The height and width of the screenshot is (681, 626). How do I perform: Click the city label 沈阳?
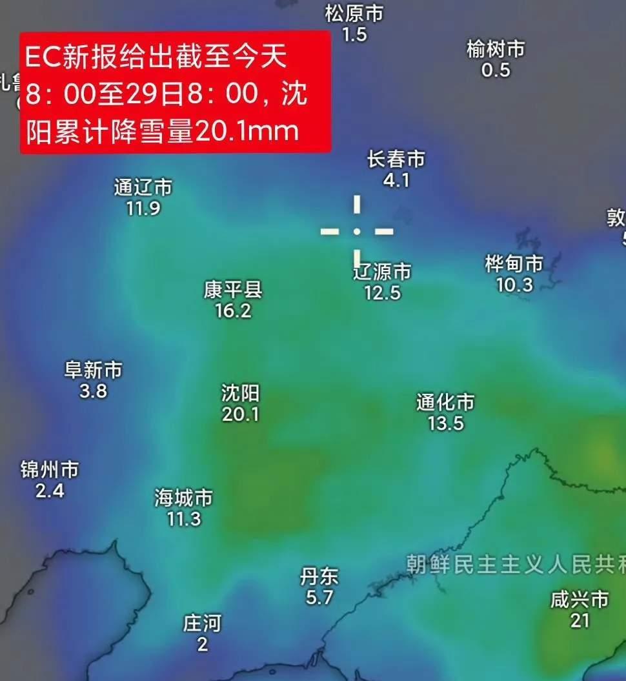[240, 392]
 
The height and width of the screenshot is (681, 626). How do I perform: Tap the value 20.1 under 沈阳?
[240, 414]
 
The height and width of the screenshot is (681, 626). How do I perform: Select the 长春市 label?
[396, 159]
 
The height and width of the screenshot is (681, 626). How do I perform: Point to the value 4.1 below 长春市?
[396, 180]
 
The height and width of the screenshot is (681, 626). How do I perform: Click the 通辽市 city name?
[143, 187]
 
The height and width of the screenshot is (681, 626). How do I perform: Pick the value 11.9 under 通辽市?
[143, 208]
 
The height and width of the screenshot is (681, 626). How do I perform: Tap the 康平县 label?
[232, 290]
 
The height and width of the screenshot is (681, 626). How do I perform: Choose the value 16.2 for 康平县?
[232, 311]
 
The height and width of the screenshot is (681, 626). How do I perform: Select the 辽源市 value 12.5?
[382, 293]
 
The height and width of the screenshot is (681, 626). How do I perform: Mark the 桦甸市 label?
[514, 263]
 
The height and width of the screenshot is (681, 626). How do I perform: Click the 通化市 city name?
[445, 403]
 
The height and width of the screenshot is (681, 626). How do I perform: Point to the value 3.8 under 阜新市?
[93, 391]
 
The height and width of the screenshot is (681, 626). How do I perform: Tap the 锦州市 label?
[50, 469]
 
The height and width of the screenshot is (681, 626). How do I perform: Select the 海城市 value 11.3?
[184, 518]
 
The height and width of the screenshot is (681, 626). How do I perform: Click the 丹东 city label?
[319, 576]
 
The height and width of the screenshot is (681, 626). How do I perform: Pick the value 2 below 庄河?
[202, 644]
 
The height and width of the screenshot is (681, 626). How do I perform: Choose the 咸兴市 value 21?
[580, 620]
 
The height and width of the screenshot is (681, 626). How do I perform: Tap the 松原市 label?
[354, 13]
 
